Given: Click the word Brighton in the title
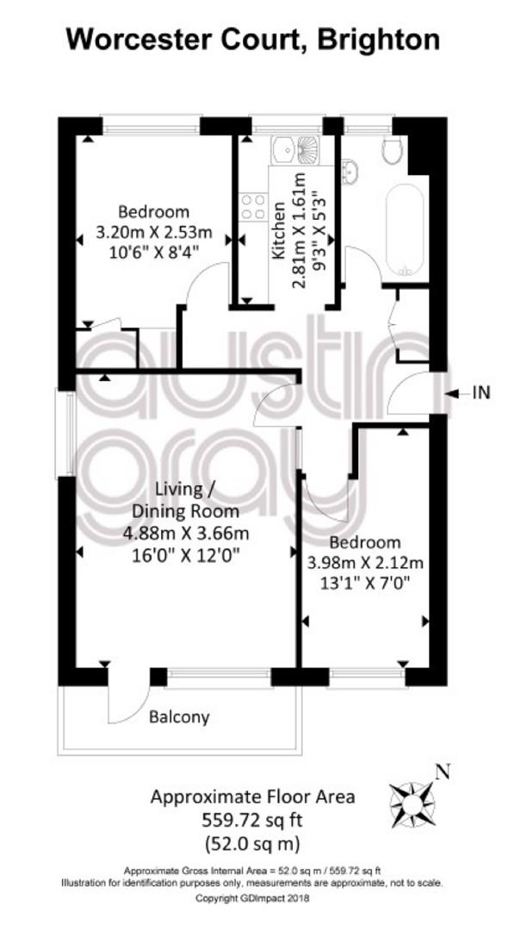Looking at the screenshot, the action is (x=379, y=41).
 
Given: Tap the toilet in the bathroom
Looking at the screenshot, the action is (x=393, y=150).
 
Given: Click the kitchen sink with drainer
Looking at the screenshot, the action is (x=295, y=151).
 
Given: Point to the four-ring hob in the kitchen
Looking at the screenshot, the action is (x=253, y=207).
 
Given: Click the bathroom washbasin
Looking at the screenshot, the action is (x=350, y=168).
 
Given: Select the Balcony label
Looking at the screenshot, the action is (x=180, y=717).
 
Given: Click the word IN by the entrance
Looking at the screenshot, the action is (x=481, y=392).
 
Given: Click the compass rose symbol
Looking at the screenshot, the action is (x=412, y=797).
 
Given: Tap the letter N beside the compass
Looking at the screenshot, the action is (x=443, y=772).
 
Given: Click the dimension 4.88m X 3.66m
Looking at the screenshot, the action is (x=186, y=533).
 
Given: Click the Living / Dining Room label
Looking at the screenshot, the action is (x=185, y=501).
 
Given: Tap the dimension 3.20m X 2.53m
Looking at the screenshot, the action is (x=154, y=232).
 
